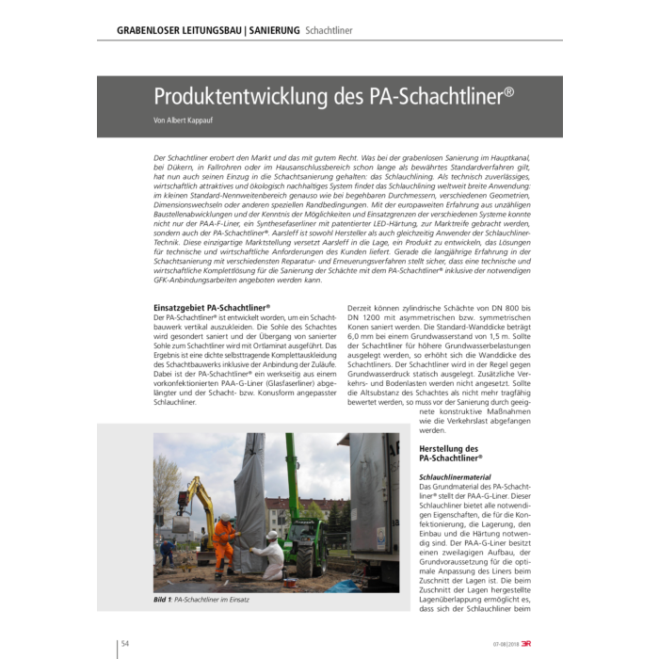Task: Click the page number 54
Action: tap(124, 643)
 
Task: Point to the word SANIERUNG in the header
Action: tap(274, 30)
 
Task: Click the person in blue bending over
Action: tap(167, 549)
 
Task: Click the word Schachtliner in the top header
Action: tap(329, 30)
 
